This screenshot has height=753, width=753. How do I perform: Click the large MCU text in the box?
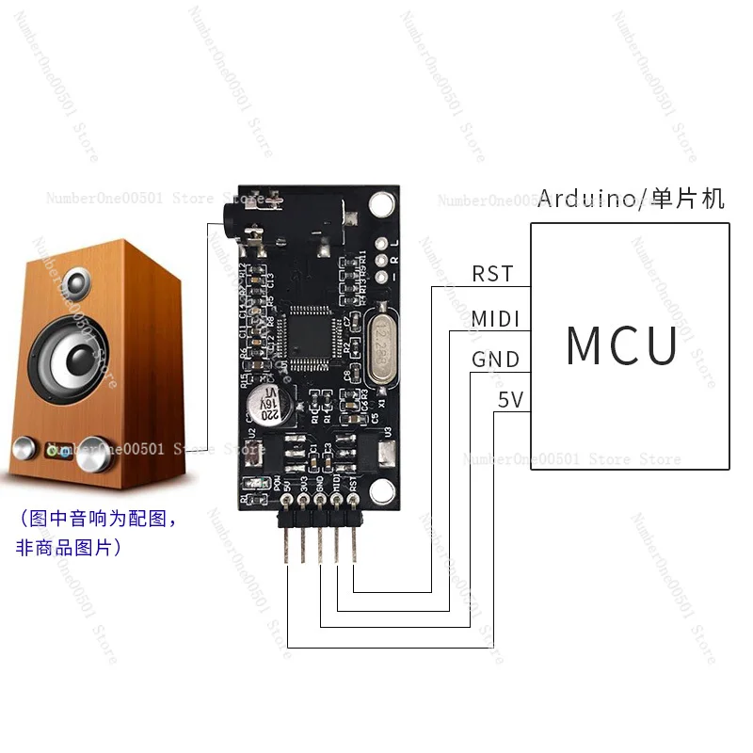(x=622, y=345)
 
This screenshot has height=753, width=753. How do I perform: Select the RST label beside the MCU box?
(x=493, y=274)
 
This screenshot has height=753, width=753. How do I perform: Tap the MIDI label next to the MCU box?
(x=496, y=318)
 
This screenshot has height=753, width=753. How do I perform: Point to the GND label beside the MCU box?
(x=495, y=360)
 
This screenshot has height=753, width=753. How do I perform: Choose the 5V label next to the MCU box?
(x=510, y=401)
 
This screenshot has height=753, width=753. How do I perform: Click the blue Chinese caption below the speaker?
(x=92, y=532)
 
